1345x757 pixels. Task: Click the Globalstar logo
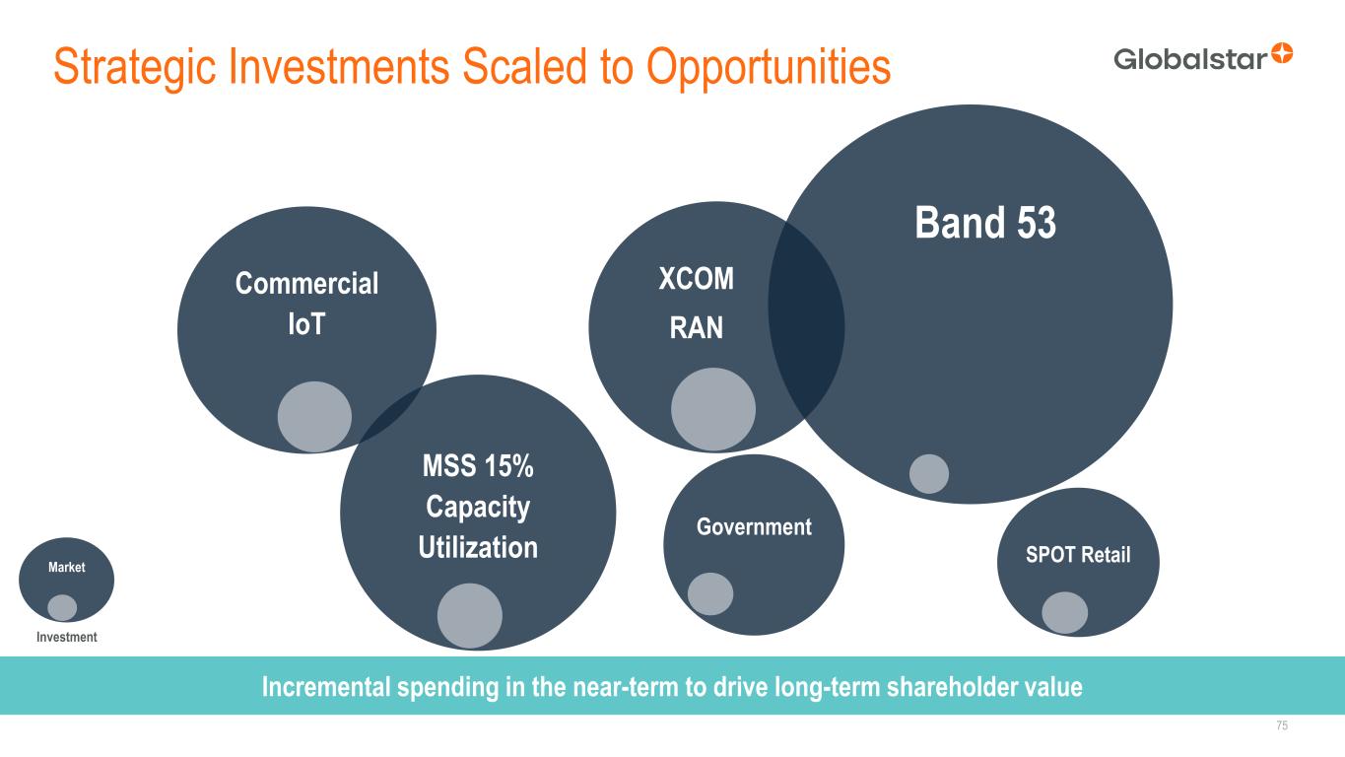pos(1203,57)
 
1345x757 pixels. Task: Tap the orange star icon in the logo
pos(1282,53)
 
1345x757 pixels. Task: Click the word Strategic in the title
pos(134,67)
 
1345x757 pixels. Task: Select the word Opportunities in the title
pos(769,67)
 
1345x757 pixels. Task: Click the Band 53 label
pos(985,223)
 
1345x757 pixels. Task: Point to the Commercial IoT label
pos(306,304)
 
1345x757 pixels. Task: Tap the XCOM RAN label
pos(697,304)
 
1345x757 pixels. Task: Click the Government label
pos(754,527)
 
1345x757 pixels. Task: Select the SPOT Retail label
pos(1078,555)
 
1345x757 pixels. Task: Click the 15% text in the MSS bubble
pos(508,466)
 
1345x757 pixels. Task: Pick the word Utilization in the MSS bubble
pos(478,547)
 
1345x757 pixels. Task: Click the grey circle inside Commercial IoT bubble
pos(314,416)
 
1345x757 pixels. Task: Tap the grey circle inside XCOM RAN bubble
pos(713,409)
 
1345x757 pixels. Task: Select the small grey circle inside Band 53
pos(929,474)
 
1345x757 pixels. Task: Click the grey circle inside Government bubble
pos(710,593)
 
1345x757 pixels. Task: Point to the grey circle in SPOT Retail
pos(1064,613)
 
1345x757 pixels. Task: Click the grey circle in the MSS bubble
pos(470,616)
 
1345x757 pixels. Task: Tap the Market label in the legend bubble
pos(67,567)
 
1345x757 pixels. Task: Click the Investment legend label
pos(67,637)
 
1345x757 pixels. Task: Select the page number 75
pos(1282,725)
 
